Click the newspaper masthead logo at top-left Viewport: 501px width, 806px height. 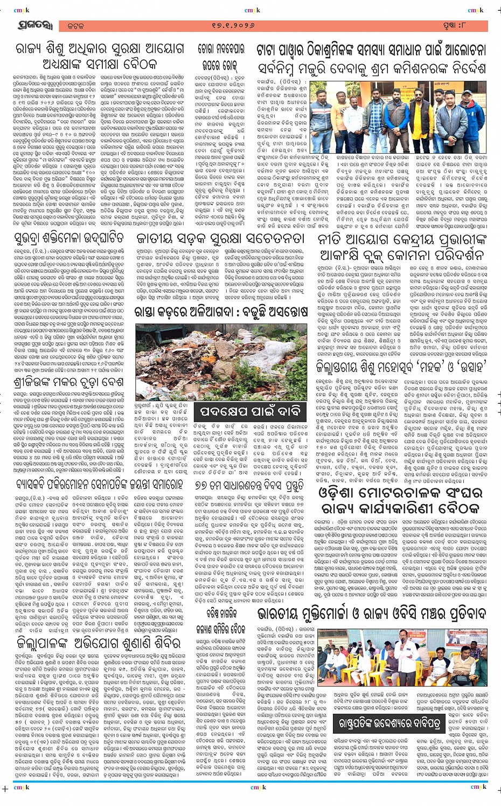pyautogui.click(x=33, y=25)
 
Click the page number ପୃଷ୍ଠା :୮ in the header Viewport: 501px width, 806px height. pyautogui.click(x=463, y=26)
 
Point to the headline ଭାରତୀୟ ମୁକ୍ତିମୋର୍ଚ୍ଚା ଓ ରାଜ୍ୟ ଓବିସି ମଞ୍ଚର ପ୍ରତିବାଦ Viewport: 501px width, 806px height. pyautogui.click(x=372, y=615)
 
